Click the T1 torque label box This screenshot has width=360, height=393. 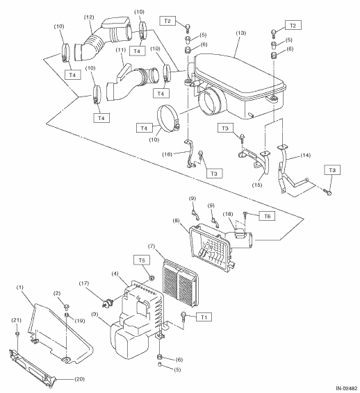pos(204,317)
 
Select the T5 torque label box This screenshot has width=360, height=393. pos(142,260)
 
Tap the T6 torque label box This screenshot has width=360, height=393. pos(268,216)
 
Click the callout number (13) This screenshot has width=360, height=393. pos(241,33)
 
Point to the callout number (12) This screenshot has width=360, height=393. pos(89,17)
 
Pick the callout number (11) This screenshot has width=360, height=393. pos(121,49)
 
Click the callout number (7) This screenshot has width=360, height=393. pos(152,246)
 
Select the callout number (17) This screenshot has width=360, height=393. pos(84,283)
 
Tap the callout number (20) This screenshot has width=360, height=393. pos(79,379)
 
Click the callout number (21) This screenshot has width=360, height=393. pos(17,320)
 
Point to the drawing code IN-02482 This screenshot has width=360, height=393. pos(347,389)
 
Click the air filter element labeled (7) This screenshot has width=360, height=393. pos(181,283)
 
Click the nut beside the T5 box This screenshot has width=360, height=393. pos(152,278)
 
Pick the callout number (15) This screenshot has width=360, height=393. pos(257,185)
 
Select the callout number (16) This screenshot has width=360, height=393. pos(167,154)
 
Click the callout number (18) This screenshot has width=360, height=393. pos(228,214)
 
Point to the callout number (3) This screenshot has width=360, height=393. pos(95,314)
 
